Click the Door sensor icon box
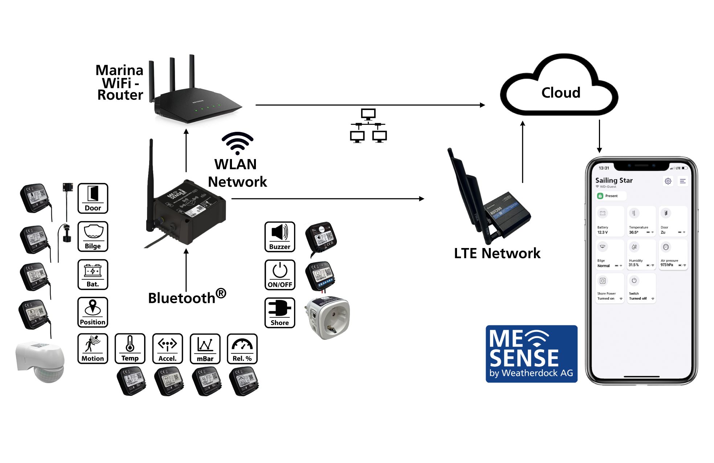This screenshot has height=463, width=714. coord(93,198)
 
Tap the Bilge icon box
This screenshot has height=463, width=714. coord(93,236)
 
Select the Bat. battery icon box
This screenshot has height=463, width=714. coord(93,275)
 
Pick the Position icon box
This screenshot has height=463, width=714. coord(93,312)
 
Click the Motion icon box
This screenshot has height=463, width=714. coord(93,349)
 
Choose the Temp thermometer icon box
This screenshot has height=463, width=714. coord(130,349)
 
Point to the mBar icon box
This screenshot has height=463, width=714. coord(205,349)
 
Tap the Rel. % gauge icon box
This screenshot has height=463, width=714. coord(242,349)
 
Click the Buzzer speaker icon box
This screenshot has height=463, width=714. coord(280,237)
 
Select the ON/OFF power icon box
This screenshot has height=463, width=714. coord(280,275)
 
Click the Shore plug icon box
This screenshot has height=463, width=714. coord(280,313)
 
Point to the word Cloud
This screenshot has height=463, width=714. coord(561,93)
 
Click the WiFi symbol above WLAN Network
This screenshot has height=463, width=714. coord(237,143)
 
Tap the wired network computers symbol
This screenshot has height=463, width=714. coord(368,126)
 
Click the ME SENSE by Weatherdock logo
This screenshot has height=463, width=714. coord(531,354)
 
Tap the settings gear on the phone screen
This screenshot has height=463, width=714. coord(668,181)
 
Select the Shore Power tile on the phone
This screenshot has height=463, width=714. coord(609,288)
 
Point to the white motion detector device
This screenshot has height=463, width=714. coord(40,361)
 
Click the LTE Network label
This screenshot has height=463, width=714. coord(497,253)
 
